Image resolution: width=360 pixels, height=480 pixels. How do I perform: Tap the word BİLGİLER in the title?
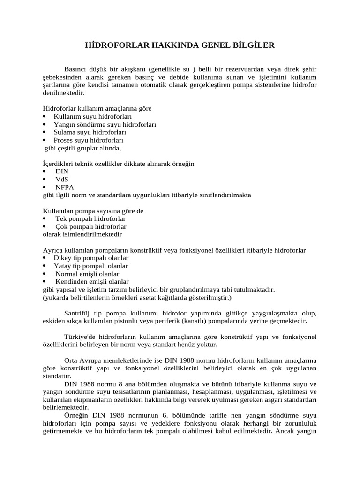(x=254, y=45)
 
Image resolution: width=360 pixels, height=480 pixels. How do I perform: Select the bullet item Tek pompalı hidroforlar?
(x=90, y=219)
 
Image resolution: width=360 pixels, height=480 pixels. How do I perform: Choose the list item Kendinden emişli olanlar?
(x=92, y=282)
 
